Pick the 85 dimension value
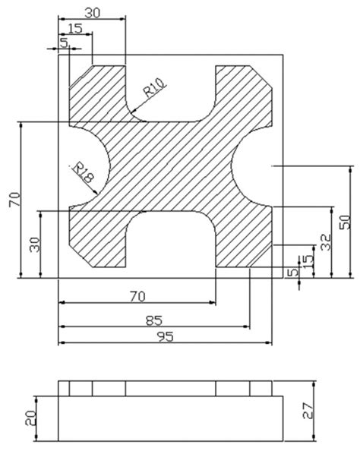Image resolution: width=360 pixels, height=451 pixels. pyautogui.click(x=153, y=320)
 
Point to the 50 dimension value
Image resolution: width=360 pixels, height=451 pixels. pyautogui.click(x=344, y=222)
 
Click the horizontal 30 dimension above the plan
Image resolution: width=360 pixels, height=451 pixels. pyautogui.click(x=91, y=13)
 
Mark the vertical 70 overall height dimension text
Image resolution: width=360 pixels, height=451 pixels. pyautogui.click(x=14, y=199)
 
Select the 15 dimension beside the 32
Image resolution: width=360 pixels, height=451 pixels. pyautogui.click(x=307, y=260)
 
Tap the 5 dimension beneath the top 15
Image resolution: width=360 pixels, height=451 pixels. pyautogui.click(x=64, y=44)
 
